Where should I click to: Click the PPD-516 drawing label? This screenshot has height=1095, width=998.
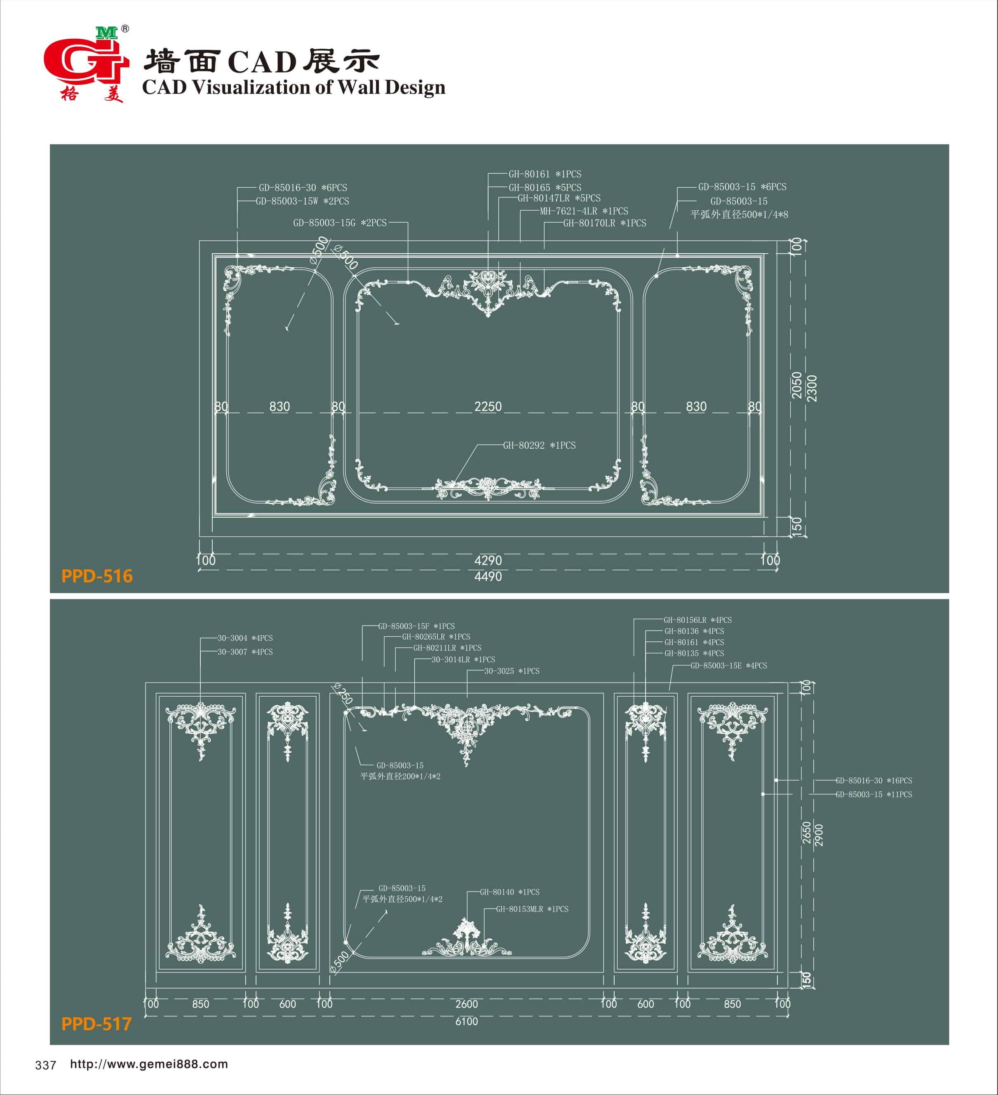pos(96,576)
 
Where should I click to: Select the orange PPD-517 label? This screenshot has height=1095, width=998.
pos(96,1024)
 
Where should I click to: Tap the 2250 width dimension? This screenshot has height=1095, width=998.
pos(488,406)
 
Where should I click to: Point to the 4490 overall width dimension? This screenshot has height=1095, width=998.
pos(488,577)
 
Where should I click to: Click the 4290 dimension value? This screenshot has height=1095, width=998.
pos(488,560)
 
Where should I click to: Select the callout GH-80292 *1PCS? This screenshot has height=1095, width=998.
pos(539,445)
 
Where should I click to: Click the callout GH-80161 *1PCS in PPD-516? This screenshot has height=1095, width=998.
pos(545,174)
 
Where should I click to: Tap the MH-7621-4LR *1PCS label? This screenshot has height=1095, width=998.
pos(584,211)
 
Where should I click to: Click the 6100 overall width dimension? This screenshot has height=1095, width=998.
pos(466,1022)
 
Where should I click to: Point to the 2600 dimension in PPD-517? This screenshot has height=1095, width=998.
pos(466,1004)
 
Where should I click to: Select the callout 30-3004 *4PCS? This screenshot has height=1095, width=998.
pos(245,638)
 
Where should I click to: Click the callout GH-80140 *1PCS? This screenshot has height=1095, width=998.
pos(510,892)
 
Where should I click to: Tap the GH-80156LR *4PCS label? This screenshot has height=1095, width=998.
pos(697,620)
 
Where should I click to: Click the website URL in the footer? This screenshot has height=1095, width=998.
pos(149,1064)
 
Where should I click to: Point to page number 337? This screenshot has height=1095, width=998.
pos(46,1065)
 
